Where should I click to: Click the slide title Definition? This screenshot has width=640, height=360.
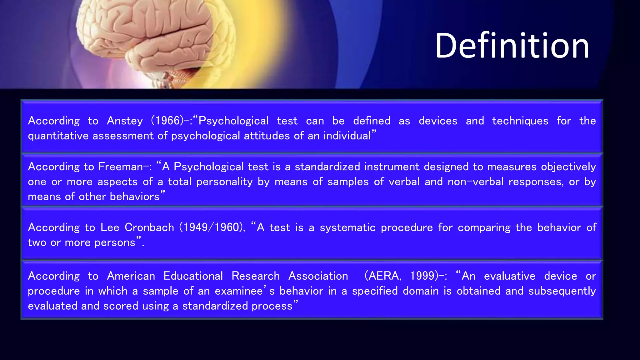point(512,46)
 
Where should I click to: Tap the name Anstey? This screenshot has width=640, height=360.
point(125,121)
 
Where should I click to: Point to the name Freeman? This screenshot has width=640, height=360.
point(121,167)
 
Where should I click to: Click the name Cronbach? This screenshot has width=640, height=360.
point(149,227)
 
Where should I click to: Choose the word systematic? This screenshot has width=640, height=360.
point(347,227)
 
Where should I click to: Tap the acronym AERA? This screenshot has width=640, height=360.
point(383,276)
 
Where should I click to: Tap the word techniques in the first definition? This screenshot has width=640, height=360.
point(520,121)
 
